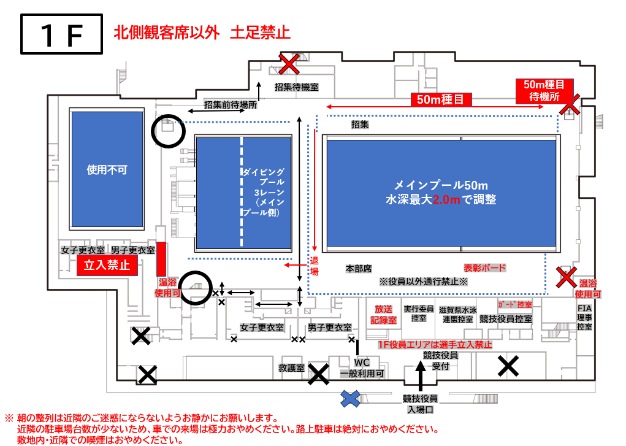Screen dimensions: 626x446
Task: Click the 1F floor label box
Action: [61, 34]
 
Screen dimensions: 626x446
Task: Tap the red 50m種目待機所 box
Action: [544, 91]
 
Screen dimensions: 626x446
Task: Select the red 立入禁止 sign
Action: [107, 265]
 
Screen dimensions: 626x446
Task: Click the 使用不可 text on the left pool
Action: [107, 170]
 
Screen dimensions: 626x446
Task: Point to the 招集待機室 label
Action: [297, 87]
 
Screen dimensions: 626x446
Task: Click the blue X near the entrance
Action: [350, 398]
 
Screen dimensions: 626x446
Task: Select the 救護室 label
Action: [291, 367]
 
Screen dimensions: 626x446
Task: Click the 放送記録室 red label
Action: [383, 315]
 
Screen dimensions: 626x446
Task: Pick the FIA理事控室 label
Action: [584, 317]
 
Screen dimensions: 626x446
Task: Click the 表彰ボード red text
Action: [484, 267]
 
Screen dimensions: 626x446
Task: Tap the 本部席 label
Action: [359, 269]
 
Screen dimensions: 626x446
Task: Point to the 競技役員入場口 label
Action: [420, 404]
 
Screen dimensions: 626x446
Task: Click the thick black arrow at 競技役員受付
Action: [420, 375]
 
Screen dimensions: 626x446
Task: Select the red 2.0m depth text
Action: [446, 199]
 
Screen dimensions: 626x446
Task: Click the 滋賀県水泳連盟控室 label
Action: [457, 315]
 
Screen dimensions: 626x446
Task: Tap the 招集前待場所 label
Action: [231, 105]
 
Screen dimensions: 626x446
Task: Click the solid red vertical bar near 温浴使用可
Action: [161, 259]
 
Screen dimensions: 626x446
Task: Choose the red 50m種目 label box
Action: [441, 99]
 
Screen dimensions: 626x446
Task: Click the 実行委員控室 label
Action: [418, 313]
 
